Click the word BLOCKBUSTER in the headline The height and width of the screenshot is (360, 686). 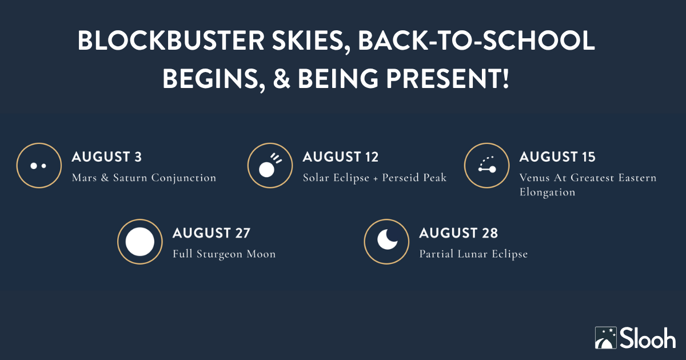pos(171,41)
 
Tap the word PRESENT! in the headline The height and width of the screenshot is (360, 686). pos(448,79)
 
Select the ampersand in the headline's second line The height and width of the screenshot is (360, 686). pos(281,79)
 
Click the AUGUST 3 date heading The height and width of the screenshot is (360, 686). pos(106,157)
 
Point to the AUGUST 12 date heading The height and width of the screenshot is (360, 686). pos(341,157)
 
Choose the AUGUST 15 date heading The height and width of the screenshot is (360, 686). pos(557,157)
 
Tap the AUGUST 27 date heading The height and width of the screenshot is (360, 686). pos(212,233)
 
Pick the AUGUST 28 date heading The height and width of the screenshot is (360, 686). pos(458,233)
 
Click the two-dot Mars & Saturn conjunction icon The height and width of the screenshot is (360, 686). pos(39,166)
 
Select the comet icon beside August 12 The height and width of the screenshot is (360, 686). pos(270,166)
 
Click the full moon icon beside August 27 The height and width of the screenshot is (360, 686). pos(140,242)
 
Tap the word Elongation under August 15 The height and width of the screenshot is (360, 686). pos(547,193)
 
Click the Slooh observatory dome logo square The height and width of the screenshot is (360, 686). pos(606,338)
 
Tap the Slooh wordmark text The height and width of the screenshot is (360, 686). pos(648,338)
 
